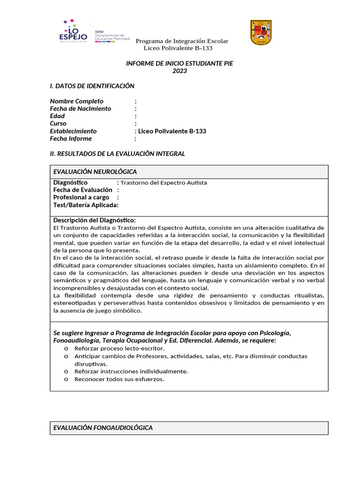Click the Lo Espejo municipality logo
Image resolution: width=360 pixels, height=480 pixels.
point(73,32)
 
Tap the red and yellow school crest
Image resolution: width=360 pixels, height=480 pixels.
point(261,32)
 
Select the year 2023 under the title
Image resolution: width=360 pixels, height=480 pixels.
point(180,71)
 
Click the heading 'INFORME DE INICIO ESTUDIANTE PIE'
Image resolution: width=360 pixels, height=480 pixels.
point(180,64)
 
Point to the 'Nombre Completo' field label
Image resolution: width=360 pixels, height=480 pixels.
point(77,101)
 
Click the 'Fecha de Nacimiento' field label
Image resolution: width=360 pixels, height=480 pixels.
point(81,109)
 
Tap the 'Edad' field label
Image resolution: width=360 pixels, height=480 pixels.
point(57,116)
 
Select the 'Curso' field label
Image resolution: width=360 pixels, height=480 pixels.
point(58,124)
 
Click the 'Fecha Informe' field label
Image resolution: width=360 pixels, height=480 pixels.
point(71,139)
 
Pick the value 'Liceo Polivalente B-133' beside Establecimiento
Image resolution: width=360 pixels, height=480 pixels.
point(172,131)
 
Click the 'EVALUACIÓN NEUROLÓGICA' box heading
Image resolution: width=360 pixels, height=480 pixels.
point(95,172)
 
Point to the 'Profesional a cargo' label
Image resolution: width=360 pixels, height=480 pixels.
point(81,197)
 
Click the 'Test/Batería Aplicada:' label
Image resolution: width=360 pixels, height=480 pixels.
point(86,205)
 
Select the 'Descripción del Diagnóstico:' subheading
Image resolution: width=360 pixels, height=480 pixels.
point(95,220)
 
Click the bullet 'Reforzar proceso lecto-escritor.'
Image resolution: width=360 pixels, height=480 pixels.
point(120,349)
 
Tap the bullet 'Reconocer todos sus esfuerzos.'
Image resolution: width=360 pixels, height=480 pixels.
point(119,379)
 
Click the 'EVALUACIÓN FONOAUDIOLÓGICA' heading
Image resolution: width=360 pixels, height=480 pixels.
point(103,428)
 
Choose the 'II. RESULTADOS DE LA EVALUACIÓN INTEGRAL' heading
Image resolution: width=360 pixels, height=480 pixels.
point(118,154)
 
